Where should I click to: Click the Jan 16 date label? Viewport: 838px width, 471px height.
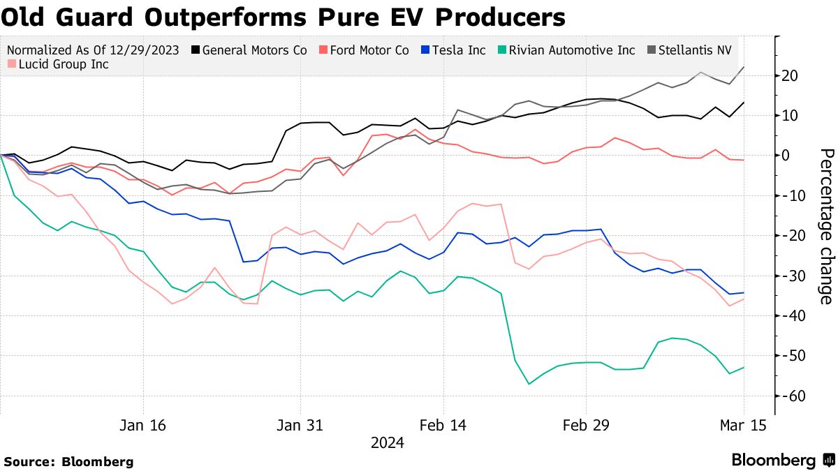[143, 426]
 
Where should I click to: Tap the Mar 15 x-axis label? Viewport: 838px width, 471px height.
[743, 426]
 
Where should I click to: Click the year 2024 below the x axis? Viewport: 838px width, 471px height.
[387, 442]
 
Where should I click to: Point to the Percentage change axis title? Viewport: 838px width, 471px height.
[825, 226]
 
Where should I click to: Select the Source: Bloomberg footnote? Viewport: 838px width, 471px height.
[68, 461]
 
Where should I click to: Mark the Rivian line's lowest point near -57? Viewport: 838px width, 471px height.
[529, 384]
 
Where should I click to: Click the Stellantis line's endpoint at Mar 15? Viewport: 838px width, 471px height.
[743, 67]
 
